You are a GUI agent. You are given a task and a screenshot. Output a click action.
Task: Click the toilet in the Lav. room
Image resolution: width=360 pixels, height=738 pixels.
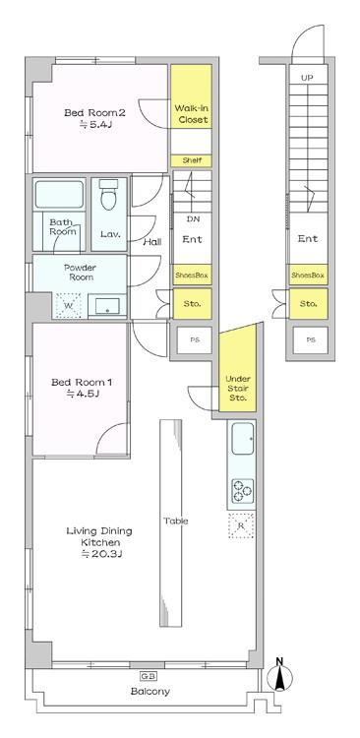109,196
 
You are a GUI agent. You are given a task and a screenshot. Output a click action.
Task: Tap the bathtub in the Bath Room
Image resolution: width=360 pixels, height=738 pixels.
59,195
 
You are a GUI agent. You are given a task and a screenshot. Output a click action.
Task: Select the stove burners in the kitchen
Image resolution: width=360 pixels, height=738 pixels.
242,490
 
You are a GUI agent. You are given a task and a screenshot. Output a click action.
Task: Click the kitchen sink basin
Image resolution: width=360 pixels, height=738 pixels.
243,438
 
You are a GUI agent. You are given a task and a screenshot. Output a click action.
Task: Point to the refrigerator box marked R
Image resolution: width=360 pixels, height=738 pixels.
241,525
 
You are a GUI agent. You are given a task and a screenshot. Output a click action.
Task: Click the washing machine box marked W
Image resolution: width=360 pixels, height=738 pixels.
69,306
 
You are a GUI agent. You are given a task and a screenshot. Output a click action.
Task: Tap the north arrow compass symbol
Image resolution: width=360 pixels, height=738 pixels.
279,676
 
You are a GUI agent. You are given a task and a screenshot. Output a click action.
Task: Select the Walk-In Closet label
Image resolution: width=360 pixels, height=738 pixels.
191,114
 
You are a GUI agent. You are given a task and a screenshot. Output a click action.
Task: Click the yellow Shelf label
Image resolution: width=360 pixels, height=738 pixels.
191,160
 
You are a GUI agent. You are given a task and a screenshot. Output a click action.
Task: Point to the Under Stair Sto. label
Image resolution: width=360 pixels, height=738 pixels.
238,389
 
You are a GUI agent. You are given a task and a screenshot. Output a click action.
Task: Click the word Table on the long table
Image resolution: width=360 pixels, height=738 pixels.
175,521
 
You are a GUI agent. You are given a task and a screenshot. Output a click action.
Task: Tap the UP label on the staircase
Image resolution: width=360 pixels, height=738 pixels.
307,78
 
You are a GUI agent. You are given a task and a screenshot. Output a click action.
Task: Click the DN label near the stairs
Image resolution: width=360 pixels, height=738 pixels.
193,218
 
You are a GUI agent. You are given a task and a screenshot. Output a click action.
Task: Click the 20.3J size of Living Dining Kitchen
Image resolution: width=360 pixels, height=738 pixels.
101,554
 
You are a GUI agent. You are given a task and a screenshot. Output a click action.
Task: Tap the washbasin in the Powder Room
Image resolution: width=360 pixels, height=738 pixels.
107,306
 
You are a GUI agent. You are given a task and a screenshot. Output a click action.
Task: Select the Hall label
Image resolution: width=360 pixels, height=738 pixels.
152,242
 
